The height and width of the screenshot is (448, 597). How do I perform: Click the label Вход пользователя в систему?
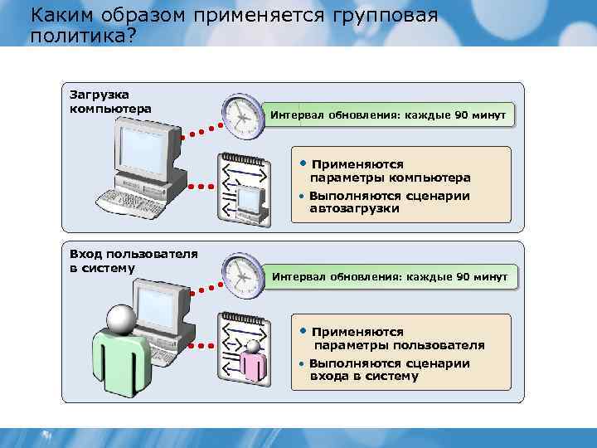(x=133, y=261)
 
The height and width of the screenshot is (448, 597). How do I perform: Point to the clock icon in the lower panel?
(x=241, y=274)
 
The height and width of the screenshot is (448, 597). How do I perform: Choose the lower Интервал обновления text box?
(x=390, y=275)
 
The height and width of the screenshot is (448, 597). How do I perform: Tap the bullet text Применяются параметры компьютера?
(x=390, y=171)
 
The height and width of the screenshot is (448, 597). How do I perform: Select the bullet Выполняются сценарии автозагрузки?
(x=389, y=202)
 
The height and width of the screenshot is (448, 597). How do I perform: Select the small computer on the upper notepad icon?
(x=250, y=200)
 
